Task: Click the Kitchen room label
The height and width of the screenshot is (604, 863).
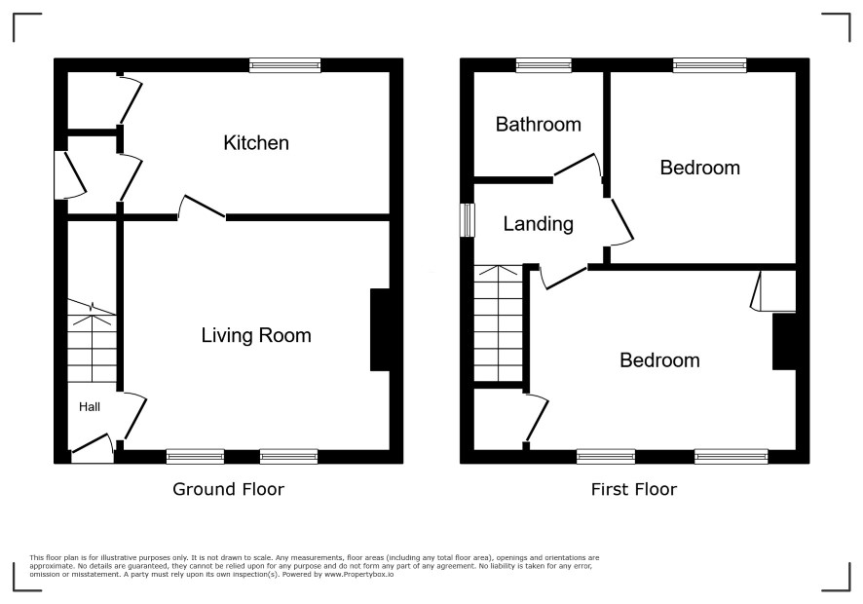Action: coord(256,143)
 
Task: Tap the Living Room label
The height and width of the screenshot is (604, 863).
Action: coord(256,335)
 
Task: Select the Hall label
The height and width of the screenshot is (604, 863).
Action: coord(90,407)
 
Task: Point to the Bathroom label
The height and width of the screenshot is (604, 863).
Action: coord(539,125)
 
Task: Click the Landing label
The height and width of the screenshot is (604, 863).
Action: coord(539,224)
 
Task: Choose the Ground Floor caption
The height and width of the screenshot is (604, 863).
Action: coord(228,489)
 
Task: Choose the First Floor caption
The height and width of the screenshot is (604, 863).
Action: coord(634,489)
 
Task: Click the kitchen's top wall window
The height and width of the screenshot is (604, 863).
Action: coord(284,65)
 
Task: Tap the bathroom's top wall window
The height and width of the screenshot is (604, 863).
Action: coord(544,65)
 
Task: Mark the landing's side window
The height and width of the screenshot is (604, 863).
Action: coord(468,220)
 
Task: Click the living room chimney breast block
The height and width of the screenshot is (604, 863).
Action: coord(380,330)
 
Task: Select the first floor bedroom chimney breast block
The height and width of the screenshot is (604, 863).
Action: coord(784,341)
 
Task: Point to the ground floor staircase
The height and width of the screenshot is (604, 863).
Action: coord(92,341)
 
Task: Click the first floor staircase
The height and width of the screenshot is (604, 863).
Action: coord(498,323)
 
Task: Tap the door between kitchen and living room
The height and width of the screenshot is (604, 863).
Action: coord(202,208)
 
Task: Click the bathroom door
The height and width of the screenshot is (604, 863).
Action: coord(578,167)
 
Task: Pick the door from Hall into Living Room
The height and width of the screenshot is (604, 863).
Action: coord(132,416)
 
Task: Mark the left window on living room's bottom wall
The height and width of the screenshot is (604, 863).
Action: coord(196,457)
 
